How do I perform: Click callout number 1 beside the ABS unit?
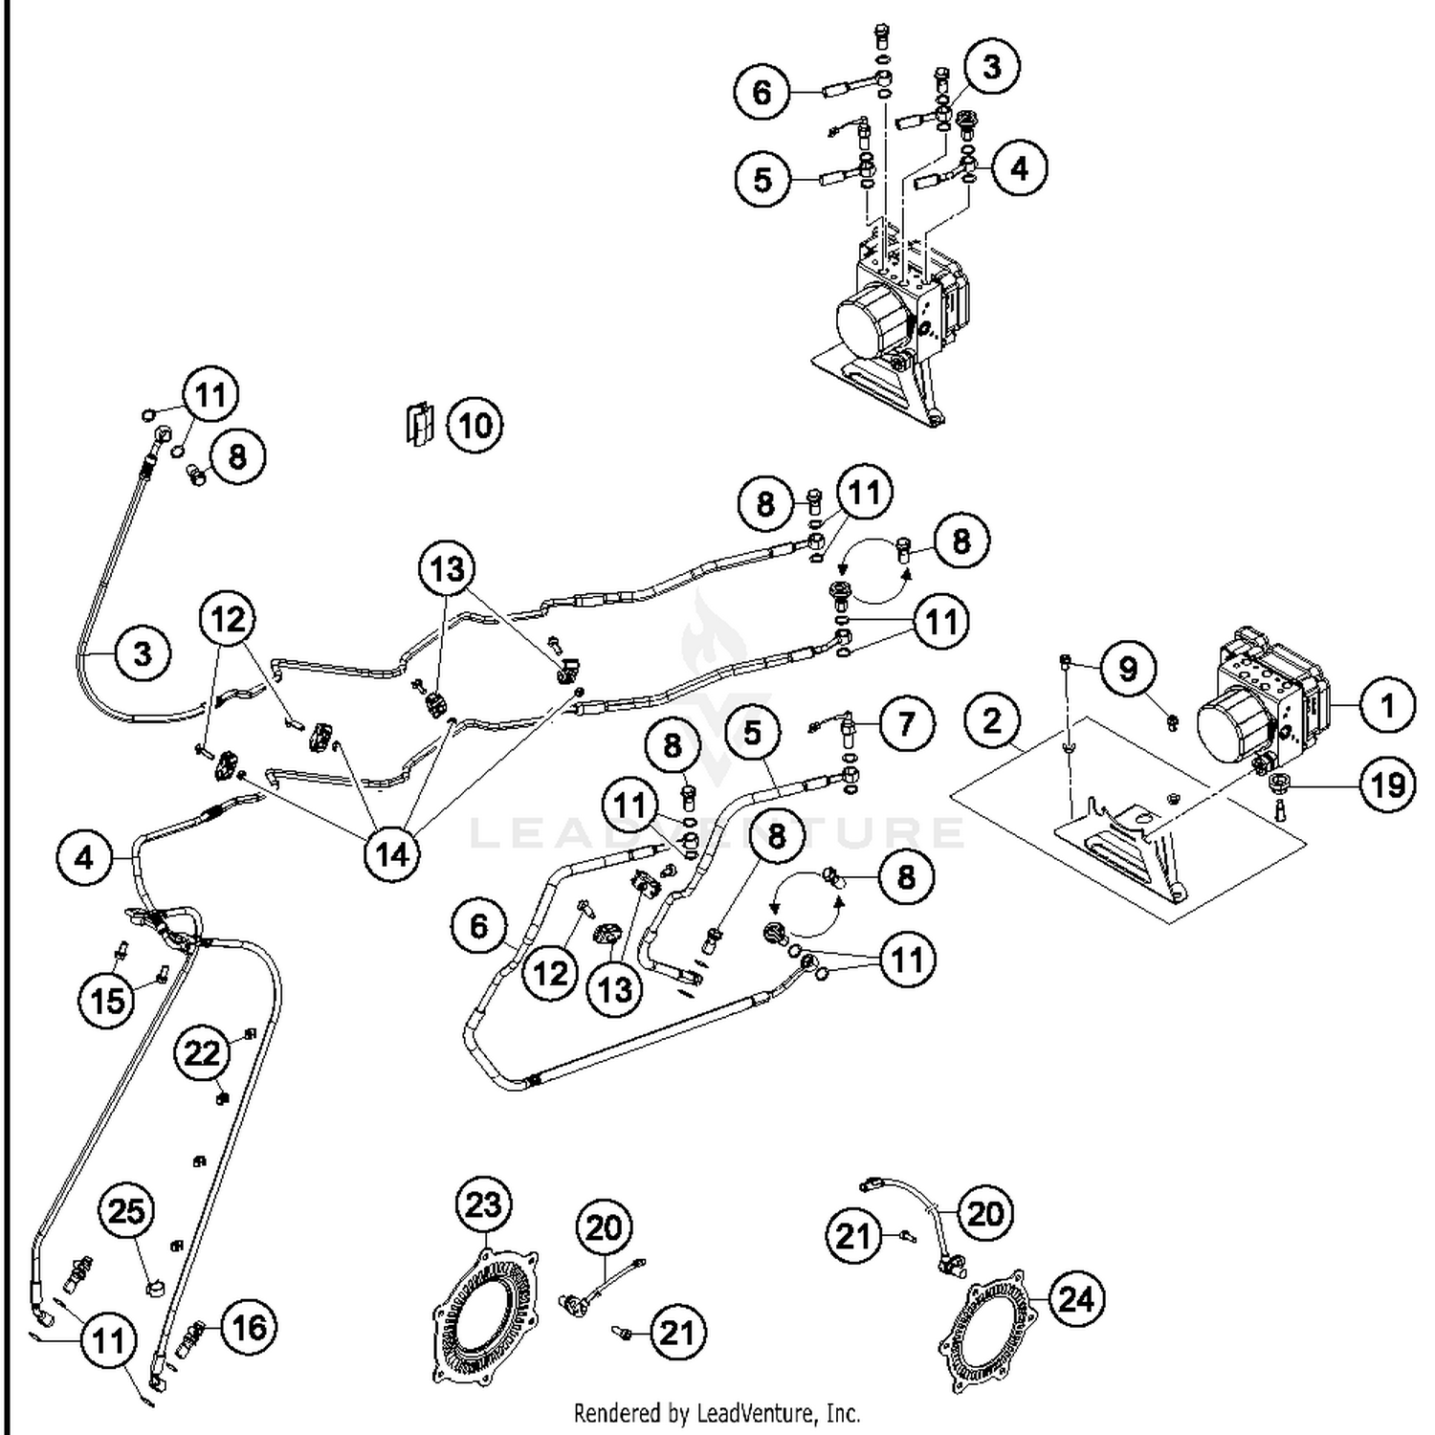pyautogui.click(x=1386, y=706)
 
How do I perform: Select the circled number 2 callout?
pyautogui.click(x=992, y=720)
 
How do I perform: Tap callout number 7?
pyautogui.click(x=905, y=724)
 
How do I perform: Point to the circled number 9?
pyautogui.click(x=1128, y=668)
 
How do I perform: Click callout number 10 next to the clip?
pyautogui.click(x=475, y=425)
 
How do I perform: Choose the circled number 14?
pyautogui.click(x=392, y=854)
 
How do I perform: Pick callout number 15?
pyautogui.click(x=107, y=1000)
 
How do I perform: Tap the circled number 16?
pyautogui.click(x=249, y=1327)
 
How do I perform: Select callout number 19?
pyautogui.click(x=1387, y=785)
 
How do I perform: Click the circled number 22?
pyautogui.click(x=202, y=1053)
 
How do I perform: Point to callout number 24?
pyautogui.click(x=1076, y=1299)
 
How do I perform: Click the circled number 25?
pyautogui.click(x=127, y=1212)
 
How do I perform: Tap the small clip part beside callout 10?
pyautogui.click(x=418, y=423)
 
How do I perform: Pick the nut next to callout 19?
pyautogui.click(x=1278, y=785)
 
